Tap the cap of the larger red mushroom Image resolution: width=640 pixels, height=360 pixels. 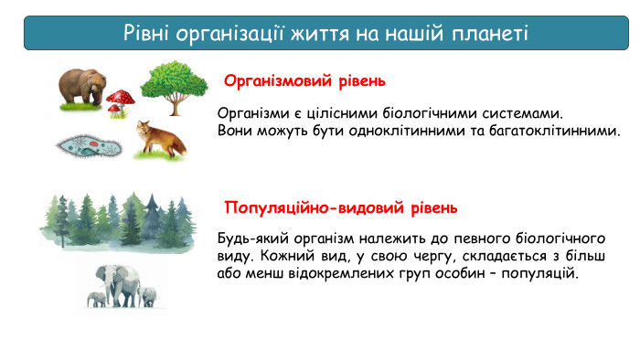click(x=122, y=96)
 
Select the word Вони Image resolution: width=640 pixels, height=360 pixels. click(x=235, y=131)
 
